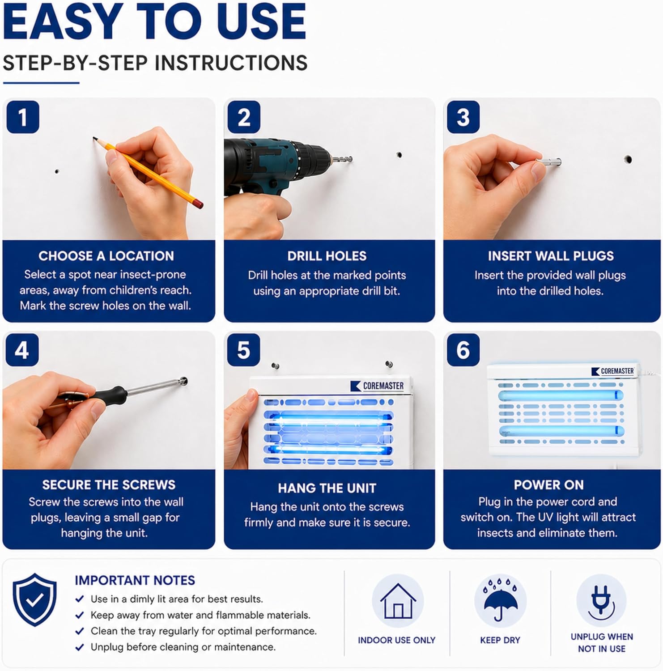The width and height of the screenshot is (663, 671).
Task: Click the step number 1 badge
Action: click(x=23, y=117)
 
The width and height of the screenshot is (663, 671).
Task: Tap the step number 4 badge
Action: click(x=22, y=350)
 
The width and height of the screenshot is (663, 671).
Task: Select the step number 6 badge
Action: click(x=463, y=350)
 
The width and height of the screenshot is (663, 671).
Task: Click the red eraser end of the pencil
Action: click(x=198, y=204)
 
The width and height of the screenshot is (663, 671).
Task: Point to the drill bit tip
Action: click(x=351, y=159)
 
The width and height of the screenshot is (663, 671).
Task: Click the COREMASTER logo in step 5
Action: click(x=377, y=386)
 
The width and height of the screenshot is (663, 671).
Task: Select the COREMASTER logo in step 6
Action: click(x=612, y=371)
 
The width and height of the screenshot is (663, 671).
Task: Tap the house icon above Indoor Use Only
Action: click(x=398, y=601)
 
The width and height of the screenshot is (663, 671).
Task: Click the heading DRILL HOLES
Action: click(x=327, y=256)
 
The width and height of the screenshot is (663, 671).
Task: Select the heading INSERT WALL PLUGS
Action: click(x=551, y=256)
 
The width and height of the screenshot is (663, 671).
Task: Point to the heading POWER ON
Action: click(x=548, y=485)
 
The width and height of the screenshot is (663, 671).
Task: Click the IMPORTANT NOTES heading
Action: click(x=135, y=580)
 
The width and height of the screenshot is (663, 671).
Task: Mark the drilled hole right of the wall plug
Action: click(x=628, y=159)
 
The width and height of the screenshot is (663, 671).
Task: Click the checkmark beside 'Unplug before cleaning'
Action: click(x=80, y=647)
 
